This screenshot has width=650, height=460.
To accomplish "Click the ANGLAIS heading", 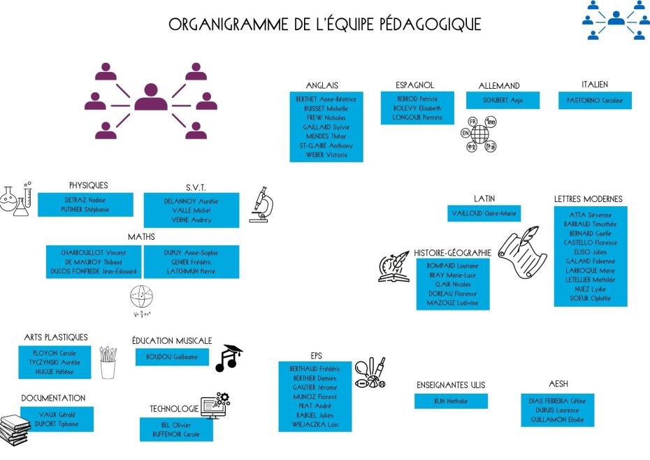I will pos(322,85).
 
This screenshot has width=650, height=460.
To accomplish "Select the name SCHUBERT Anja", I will pos(503,100).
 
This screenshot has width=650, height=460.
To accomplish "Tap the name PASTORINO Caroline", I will pos(595,101).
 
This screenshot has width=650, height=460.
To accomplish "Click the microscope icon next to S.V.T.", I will pos(261,203).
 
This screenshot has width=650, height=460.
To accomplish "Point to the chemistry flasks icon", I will pos(17,198).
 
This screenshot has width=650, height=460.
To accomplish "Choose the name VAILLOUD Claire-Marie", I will pos(484,213).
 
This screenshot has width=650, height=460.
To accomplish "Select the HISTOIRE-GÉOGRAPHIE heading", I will pos(453,252).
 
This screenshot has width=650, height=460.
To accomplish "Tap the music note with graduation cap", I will pos(229,357).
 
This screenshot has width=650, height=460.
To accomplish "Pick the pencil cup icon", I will pos(108,362).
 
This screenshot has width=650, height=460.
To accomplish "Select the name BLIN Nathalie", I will pos(450,401).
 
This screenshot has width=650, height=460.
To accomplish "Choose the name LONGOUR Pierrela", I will pos(418,117).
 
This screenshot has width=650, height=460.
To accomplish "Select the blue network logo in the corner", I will pos(616,19).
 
